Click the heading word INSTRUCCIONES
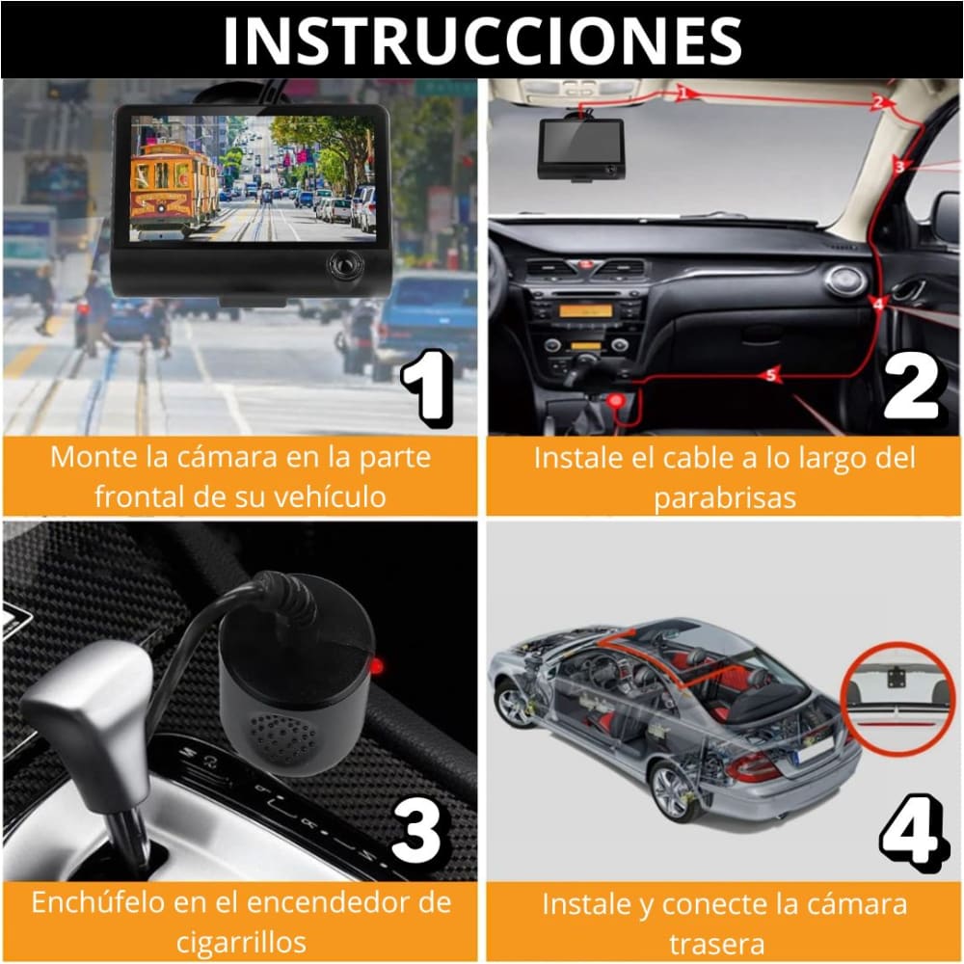[482, 40]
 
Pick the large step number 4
[910, 831]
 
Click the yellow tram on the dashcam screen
[174, 183]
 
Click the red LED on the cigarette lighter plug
[378, 666]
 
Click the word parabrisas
[722, 497]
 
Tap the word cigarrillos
[241, 941]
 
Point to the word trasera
[723, 942]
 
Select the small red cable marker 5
[770, 376]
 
